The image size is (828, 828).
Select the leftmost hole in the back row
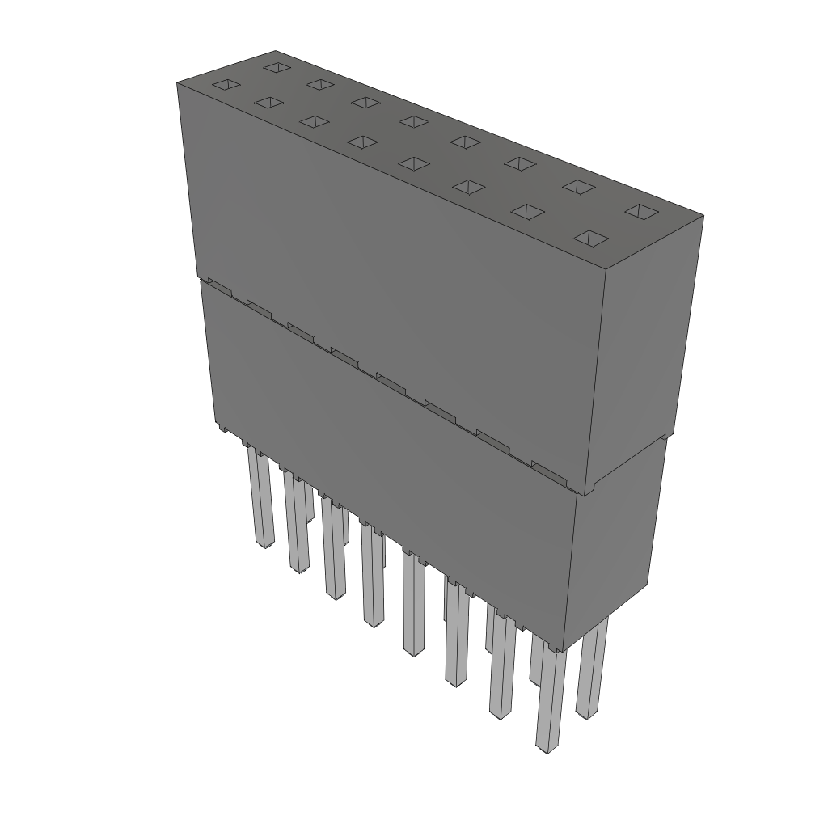coord(276,65)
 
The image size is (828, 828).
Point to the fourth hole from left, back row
coord(414,121)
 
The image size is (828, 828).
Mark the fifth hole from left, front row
coord(413,163)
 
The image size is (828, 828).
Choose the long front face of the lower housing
coord(388,453)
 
